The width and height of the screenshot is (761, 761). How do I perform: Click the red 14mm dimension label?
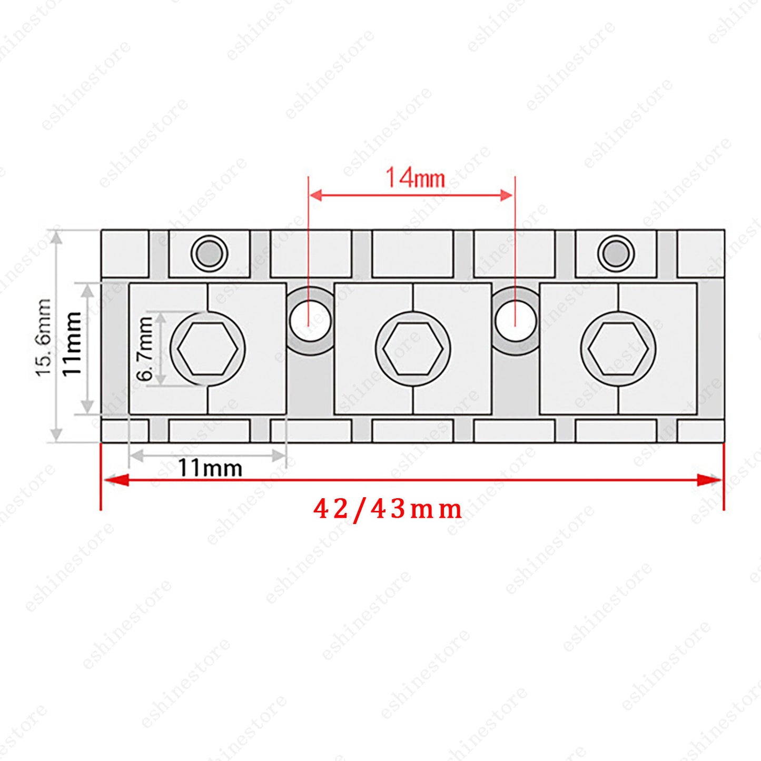415,178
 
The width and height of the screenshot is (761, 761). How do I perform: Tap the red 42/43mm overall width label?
388,510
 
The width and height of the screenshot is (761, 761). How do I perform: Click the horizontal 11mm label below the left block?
210,468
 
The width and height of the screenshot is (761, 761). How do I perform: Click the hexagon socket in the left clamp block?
207,348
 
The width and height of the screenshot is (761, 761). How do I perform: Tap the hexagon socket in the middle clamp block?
413,348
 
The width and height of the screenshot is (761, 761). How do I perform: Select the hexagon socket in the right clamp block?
618,348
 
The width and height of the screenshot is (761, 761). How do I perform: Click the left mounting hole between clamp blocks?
310,321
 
